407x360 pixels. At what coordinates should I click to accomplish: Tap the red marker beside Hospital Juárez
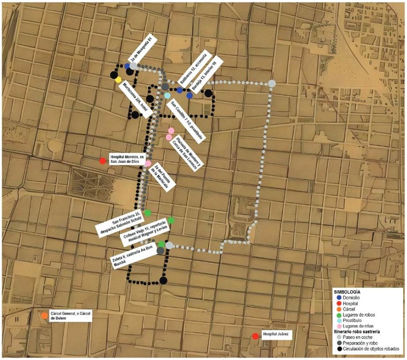point(255,337)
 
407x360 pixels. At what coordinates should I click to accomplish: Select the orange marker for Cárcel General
point(45,315)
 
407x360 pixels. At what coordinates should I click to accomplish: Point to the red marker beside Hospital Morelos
point(102,161)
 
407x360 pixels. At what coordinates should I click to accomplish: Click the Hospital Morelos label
point(126,159)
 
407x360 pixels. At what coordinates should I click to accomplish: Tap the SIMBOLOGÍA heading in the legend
point(350,291)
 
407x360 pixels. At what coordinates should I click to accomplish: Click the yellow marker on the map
point(118,80)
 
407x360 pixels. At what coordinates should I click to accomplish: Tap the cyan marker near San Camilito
point(167,96)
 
